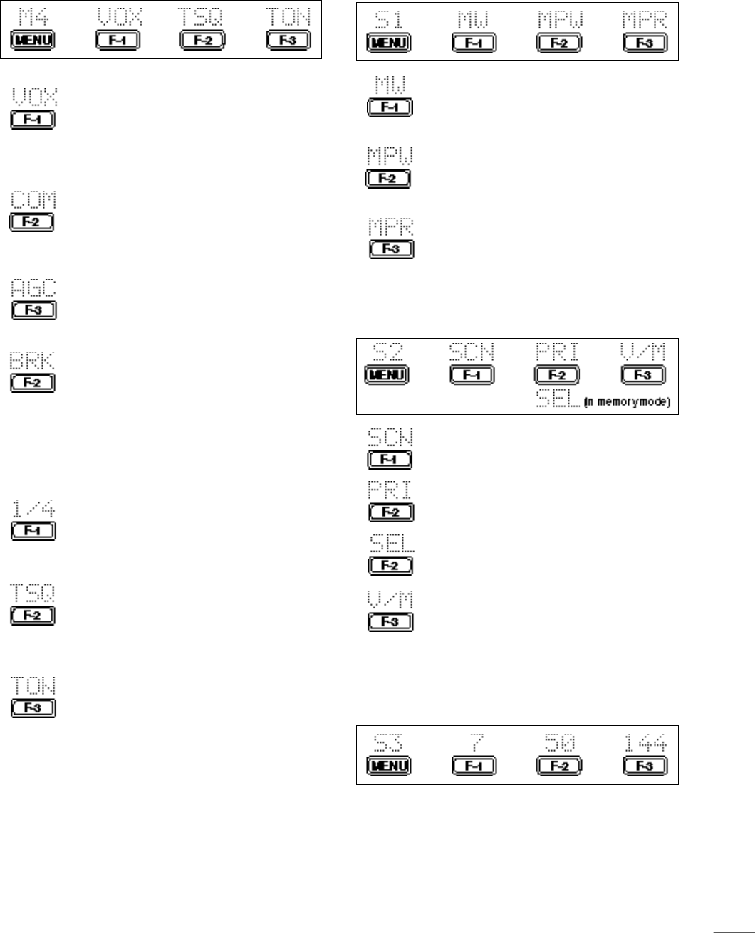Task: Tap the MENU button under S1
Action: click(387, 43)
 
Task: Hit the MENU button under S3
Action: click(387, 766)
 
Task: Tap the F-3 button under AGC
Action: click(33, 310)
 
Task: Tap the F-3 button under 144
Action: click(645, 766)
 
